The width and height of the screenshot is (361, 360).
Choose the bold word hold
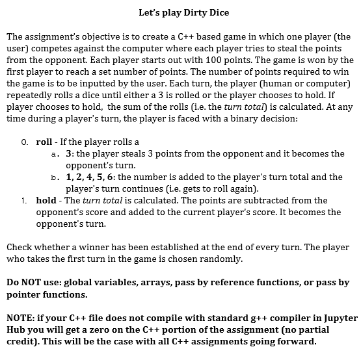[x=46, y=200]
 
